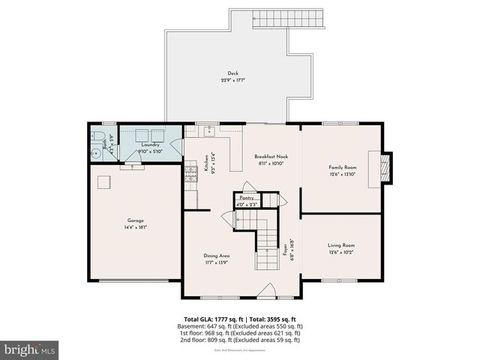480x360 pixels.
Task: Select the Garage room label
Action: (135, 220)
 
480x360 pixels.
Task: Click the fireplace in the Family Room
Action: (385, 167)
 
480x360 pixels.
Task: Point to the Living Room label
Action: (342, 245)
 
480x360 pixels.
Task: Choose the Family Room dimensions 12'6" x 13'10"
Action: (342, 173)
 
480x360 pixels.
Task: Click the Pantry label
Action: (247, 198)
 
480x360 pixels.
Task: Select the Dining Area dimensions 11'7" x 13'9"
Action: (216, 262)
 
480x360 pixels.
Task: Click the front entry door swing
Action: (265, 289)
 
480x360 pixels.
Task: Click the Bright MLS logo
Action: (30, 349)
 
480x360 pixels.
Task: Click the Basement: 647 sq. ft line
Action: (240, 326)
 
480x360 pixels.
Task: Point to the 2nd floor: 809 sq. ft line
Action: (240, 340)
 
